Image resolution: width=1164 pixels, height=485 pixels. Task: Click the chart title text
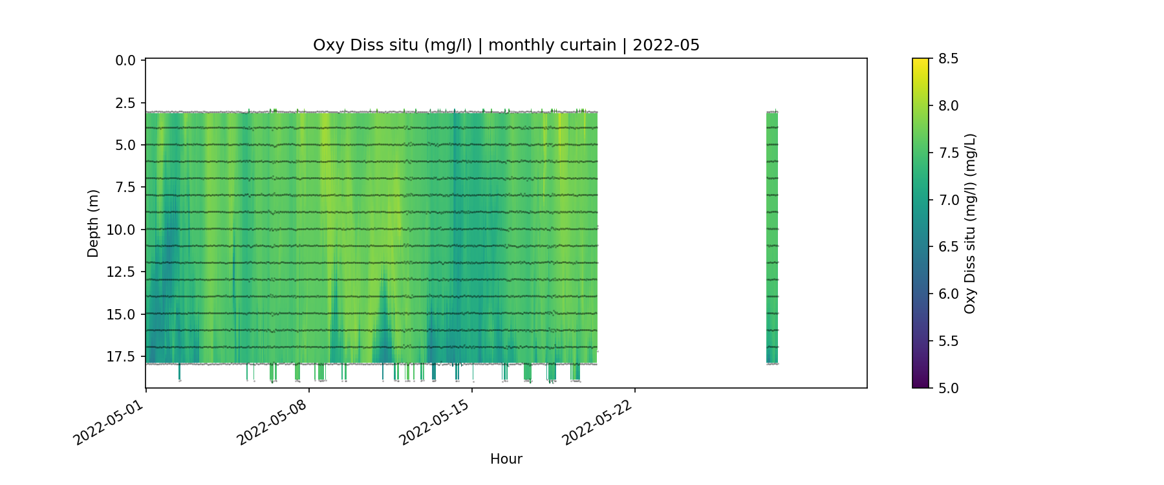(x=506, y=45)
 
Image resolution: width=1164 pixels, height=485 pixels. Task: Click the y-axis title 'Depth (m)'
(x=93, y=223)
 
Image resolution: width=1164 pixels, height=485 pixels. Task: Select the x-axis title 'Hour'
(x=506, y=459)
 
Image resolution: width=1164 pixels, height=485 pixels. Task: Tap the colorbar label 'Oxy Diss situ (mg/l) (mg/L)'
(x=969, y=223)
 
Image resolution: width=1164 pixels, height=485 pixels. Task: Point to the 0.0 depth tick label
(x=125, y=61)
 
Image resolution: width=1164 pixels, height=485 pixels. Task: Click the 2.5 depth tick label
(x=125, y=103)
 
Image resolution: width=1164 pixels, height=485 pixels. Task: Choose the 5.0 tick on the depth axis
(x=125, y=145)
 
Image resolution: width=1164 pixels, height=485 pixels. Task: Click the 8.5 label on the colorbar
(x=948, y=59)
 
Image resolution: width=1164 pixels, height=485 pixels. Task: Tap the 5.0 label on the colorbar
(x=948, y=388)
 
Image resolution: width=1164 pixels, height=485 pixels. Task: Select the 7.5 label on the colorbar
(x=948, y=153)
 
